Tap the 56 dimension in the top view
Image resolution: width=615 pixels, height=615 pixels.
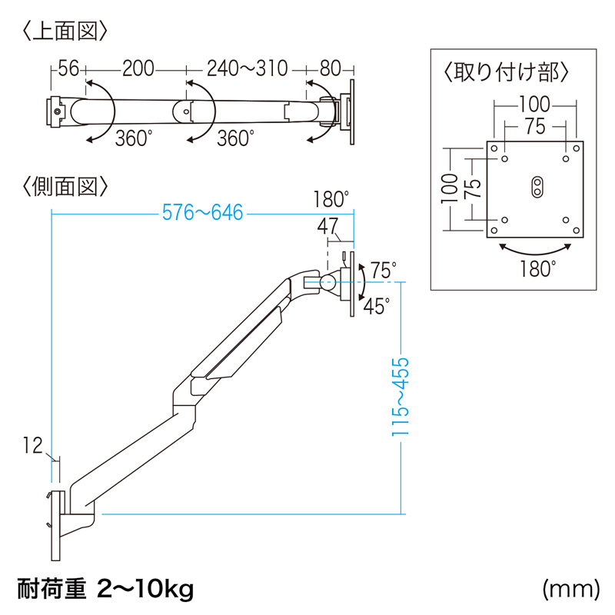coord(68,69)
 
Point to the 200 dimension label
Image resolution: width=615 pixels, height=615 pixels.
coord(138,69)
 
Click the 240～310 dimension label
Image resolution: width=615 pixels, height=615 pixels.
coord(247,69)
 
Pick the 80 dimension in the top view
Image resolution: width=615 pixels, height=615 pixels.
coord(331,69)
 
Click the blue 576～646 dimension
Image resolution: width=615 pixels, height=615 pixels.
coord(201,213)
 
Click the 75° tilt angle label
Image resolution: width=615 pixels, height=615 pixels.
coord(382,271)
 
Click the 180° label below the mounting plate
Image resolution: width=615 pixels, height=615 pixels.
coord(536,269)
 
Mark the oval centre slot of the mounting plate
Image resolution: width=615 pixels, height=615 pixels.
coord(536,186)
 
